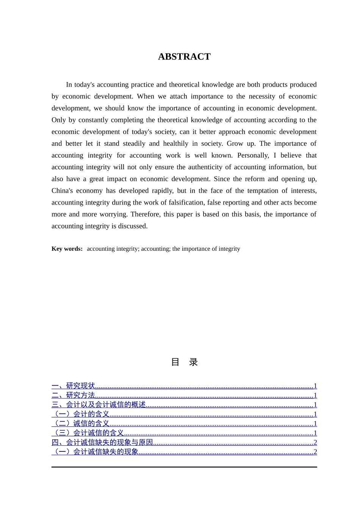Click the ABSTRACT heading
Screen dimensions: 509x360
click(184, 57)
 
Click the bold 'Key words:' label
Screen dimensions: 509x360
click(67, 249)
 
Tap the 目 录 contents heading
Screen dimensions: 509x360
click(184, 362)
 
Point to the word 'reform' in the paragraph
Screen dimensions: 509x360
click(255, 179)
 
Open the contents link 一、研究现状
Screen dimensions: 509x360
click(74, 386)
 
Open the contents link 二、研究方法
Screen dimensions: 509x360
click(74, 395)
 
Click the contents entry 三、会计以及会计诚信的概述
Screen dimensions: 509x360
click(99, 405)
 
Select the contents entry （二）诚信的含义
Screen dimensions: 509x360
click(81, 423)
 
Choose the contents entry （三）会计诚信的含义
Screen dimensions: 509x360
click(88, 433)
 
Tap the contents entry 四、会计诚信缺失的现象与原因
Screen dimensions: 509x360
click(102, 442)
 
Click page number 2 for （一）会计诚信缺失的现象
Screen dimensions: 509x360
click(315, 452)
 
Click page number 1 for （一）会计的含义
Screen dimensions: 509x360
click(315, 414)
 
